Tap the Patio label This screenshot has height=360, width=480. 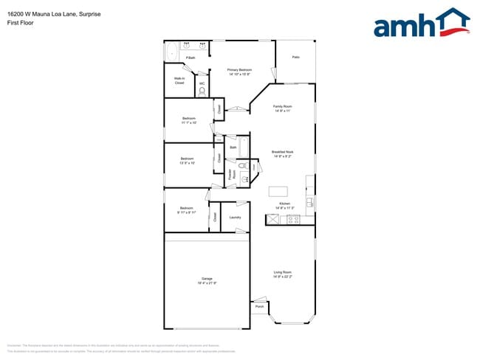pos(295,57)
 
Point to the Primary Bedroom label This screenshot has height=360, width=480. pos(239,70)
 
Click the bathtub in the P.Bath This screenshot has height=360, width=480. pos(171,52)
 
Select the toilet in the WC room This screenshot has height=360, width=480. pos(202,91)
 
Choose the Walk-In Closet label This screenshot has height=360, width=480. pos(179,80)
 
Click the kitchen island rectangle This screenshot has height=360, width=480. pos(278,192)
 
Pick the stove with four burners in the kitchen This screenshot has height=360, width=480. pos(293,218)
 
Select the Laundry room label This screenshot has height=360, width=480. pos(235,217)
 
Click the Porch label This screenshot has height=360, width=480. pos(259,307)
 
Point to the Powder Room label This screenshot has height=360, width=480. pos(231,175)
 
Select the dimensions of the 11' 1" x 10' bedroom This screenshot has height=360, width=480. pos(189,122)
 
